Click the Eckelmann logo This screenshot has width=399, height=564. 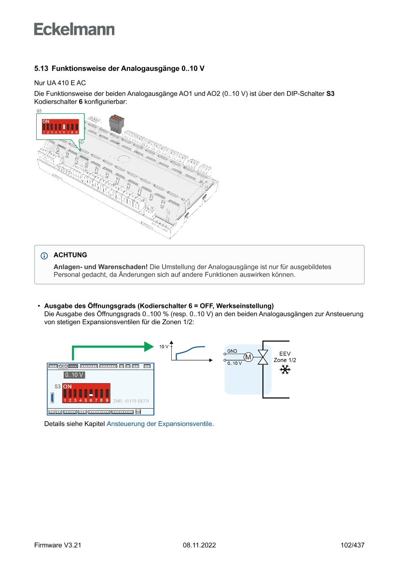tap(74, 29)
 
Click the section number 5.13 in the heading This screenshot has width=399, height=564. tap(41, 69)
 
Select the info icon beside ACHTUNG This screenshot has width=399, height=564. tap(45, 256)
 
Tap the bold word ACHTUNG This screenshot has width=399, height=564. tap(70, 255)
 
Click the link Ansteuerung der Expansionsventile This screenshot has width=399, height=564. tap(159, 424)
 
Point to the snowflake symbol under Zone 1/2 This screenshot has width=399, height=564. tap(285, 370)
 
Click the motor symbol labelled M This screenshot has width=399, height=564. tap(248, 357)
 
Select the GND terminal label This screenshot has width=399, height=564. tap(232, 351)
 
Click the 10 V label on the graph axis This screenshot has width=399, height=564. tap(164, 346)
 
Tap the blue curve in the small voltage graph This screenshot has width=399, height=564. tap(191, 349)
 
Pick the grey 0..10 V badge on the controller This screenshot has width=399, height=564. tap(74, 375)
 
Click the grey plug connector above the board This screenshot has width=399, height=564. tap(115, 124)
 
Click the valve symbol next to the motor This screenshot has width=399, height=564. tap(263, 358)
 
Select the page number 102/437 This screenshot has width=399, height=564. tap(352, 545)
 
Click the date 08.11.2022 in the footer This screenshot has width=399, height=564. tap(199, 545)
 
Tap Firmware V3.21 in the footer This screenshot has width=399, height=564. tap(57, 545)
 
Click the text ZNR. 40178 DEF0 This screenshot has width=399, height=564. tap(131, 401)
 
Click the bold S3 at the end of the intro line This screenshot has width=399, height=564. tap(330, 93)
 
